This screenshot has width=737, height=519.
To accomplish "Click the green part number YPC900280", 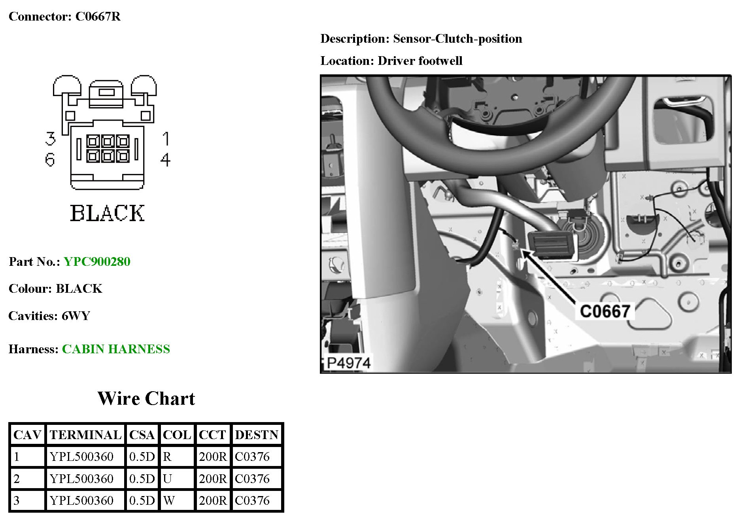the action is [97, 261].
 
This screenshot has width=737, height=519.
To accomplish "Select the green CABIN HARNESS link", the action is [116, 349].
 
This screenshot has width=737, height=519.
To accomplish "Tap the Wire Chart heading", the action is [146, 398].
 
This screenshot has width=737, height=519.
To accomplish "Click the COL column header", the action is [177, 435].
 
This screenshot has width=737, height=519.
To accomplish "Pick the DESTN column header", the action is [257, 435].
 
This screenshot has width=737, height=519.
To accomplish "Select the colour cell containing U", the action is [167, 479].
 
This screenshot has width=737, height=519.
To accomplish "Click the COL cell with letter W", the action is [169, 500].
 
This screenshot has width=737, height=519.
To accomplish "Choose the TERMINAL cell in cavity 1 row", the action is [82, 456].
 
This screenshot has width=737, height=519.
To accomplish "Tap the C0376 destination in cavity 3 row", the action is [252, 500].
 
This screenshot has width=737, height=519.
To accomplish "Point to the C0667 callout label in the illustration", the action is [605, 311].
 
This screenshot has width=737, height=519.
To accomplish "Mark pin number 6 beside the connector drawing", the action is [50, 159].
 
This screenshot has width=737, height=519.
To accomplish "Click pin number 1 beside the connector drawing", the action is [166, 139].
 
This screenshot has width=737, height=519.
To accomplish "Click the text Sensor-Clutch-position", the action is [457, 38].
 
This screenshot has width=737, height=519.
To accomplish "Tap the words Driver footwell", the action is [420, 61].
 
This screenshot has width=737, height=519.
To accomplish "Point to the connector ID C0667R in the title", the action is [98, 16].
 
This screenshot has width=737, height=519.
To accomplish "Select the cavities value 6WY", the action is [76, 316].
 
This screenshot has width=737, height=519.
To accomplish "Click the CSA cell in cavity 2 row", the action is [142, 479].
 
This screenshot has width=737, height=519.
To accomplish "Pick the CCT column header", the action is [212, 435].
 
